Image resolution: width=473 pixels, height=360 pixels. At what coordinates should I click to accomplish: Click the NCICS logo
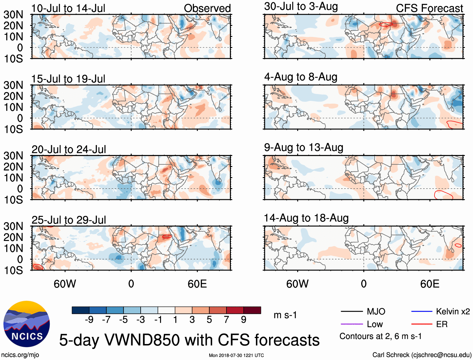(27, 324)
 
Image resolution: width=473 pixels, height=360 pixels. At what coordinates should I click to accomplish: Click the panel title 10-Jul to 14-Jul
(68, 8)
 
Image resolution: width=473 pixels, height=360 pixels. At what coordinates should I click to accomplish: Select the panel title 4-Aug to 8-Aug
(301, 77)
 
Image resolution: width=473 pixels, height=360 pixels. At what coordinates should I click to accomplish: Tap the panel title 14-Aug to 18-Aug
(306, 218)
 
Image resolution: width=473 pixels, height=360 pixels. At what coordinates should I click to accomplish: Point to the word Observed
(207, 8)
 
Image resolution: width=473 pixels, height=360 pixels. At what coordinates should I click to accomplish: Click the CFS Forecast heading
(429, 8)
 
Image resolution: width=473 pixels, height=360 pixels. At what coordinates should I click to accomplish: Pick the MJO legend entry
(376, 311)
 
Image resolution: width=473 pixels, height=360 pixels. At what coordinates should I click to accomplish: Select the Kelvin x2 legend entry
(453, 311)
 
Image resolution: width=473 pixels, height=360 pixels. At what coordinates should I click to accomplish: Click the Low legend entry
(375, 324)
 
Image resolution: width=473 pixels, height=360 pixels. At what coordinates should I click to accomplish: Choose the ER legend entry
(442, 324)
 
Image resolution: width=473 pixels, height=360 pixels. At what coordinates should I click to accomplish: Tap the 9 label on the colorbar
(244, 320)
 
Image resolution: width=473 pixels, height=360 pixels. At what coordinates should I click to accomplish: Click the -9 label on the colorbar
(89, 320)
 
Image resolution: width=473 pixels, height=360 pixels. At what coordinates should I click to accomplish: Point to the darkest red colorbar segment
(252, 310)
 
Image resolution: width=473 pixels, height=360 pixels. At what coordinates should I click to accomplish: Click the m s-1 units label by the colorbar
(285, 315)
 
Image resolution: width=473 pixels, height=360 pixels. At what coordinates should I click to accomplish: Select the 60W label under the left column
(65, 284)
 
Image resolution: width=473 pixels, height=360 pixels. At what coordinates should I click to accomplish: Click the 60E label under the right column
(430, 284)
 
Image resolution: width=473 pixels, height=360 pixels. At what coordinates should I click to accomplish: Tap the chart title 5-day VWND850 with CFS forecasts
(189, 340)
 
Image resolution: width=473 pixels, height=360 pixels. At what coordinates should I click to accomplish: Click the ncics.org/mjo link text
(20, 355)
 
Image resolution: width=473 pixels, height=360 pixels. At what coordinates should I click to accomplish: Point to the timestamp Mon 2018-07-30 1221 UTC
(236, 355)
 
